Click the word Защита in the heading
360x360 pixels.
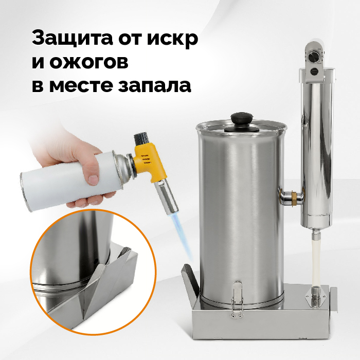[73, 39]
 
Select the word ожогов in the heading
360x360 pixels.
[88, 62]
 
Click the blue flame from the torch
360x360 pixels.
[182, 234]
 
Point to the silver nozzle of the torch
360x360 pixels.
[166, 196]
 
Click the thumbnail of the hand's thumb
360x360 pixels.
[93, 178]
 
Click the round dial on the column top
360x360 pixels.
[313, 56]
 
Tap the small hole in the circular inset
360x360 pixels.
[95, 261]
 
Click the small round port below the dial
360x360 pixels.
[314, 71]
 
